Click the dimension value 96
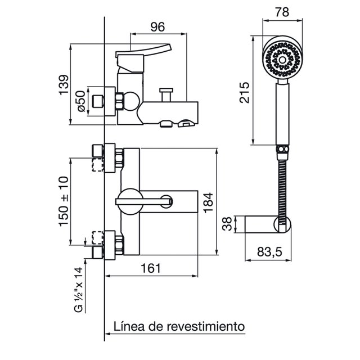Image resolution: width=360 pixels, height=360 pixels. (x=157, y=27)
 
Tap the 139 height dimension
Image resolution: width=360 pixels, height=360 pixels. (x=64, y=85)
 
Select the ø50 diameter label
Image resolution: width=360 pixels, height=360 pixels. (x=81, y=101)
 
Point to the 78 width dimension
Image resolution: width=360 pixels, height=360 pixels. (x=282, y=12)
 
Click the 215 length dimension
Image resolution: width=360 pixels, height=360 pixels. (x=244, y=92)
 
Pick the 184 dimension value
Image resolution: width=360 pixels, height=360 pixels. (x=209, y=202)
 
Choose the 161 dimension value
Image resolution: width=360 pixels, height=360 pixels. (x=151, y=268)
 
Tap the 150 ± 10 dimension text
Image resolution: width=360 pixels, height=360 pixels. (x=64, y=201)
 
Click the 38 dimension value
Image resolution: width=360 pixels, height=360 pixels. (x=227, y=224)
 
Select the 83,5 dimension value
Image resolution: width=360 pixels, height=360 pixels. (x=269, y=252)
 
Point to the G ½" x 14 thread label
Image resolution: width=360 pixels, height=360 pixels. (x=78, y=290)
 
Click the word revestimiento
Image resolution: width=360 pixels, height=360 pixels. (x=206, y=326)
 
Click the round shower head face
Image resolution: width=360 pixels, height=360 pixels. (x=282, y=60)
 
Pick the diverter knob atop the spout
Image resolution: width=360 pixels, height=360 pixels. (x=166, y=94)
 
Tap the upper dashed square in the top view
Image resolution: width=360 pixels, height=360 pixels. (x=97, y=165)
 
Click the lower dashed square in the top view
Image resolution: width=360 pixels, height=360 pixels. (x=97, y=238)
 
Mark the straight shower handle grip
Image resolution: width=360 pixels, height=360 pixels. (x=282, y=114)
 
